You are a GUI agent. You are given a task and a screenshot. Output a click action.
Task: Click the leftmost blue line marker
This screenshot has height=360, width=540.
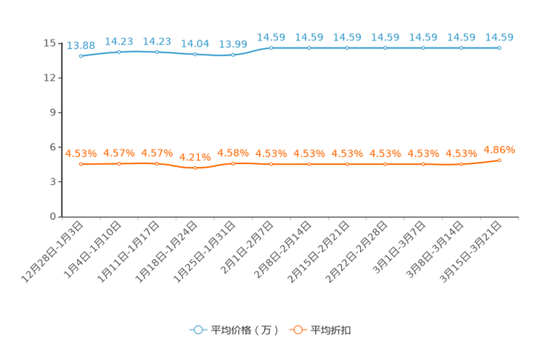[81, 56]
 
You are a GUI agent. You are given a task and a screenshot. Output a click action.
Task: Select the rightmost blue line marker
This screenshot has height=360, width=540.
[499, 48]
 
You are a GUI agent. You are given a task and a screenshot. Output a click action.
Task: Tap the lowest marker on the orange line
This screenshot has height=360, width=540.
[195, 168]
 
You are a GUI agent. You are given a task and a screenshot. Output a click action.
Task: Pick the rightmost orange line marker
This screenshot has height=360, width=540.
[499, 159]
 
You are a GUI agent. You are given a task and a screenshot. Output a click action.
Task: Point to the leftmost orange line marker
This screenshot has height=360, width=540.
[81, 164]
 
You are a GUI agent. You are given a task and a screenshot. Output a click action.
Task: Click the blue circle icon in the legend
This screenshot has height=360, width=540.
[197, 330]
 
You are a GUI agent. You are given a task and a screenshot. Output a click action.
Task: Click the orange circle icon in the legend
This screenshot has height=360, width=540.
[298, 330]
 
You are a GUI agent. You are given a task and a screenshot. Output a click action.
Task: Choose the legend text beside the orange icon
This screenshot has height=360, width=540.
[332, 330]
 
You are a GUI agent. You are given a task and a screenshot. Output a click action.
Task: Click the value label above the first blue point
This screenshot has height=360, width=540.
[81, 45]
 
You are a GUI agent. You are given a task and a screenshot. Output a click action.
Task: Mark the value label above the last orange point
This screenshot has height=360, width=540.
[499, 149]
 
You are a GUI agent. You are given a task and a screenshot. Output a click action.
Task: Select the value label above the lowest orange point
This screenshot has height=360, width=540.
[195, 157]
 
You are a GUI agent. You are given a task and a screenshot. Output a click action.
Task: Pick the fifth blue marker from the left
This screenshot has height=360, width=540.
[233, 55]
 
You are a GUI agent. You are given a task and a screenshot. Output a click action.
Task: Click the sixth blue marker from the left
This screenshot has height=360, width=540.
[271, 48]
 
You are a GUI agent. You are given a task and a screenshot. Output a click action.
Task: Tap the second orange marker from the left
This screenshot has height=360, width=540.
[119, 164]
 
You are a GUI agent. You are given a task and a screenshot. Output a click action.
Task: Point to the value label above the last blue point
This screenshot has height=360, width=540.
[499, 36]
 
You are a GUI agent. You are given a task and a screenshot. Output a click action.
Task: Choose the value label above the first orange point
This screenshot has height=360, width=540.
[81, 153]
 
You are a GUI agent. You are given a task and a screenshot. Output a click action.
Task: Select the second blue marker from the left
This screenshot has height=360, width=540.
[119, 52]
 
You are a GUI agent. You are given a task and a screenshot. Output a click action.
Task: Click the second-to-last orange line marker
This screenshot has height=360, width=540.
[461, 164]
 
